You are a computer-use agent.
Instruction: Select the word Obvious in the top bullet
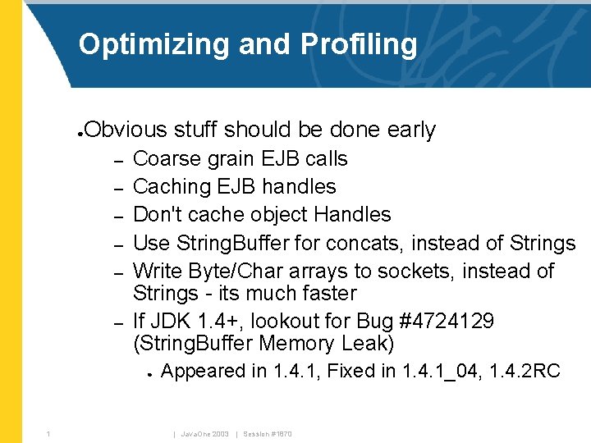click(125, 130)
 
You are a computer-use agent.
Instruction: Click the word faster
click(328, 293)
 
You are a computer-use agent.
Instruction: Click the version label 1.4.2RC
click(525, 372)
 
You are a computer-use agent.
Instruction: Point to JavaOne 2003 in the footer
click(207, 434)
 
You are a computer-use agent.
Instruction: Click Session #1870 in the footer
click(267, 434)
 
